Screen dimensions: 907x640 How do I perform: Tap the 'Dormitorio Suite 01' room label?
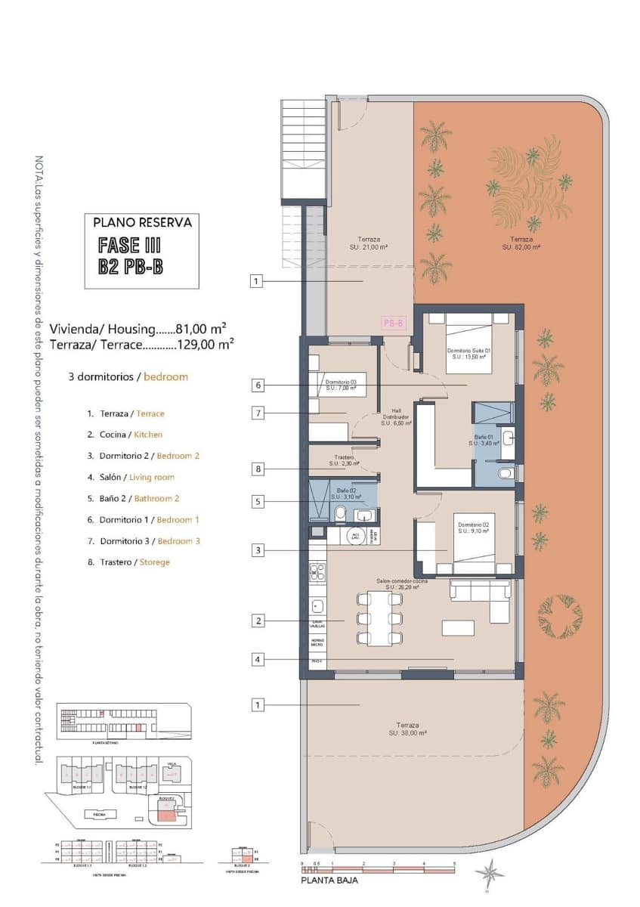pos(469,353)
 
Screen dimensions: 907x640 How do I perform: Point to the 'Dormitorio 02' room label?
pos(468,528)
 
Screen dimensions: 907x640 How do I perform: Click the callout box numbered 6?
pos(258,385)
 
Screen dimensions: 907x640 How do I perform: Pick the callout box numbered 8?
pos(258,469)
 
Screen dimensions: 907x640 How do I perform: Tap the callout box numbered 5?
pos(258,500)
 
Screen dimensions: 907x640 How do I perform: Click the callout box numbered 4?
pos(258,659)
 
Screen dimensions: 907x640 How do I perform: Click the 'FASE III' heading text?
pos(129,245)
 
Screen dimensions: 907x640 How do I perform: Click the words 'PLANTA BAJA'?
pos(329,880)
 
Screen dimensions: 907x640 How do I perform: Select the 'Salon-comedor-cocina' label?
pos(402,584)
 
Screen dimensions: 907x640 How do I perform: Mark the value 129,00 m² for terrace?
pos(205,344)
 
